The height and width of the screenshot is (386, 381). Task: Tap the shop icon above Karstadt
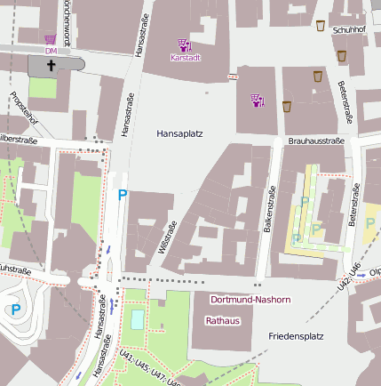(184, 44)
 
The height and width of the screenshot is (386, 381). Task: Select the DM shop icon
(51, 40)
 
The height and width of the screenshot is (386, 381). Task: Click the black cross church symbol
(51, 65)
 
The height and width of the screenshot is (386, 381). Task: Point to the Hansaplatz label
(180, 133)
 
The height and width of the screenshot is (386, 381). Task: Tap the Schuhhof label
(349, 30)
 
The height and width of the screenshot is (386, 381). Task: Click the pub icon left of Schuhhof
(321, 26)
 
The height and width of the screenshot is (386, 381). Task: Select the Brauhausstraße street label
(315, 141)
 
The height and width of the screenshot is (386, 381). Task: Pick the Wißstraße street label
(166, 238)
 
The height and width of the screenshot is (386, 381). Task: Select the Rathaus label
(223, 320)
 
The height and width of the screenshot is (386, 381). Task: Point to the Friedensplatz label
(296, 337)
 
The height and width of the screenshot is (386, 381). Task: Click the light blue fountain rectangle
(136, 318)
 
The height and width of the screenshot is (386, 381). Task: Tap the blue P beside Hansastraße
(123, 195)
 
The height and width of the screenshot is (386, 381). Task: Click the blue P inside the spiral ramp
(15, 310)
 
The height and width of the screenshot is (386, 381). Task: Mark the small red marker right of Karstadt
(233, 76)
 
